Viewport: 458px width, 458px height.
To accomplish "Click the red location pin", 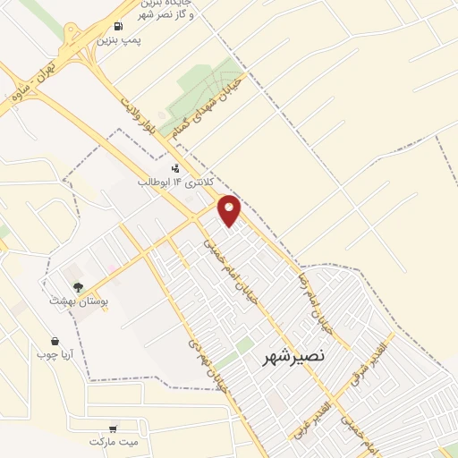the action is click(x=230, y=210).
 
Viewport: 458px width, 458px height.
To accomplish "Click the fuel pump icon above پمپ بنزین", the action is click(x=121, y=25).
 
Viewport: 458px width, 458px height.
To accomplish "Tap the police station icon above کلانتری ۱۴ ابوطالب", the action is click(x=175, y=167).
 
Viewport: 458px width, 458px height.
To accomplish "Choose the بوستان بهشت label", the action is click(x=79, y=302).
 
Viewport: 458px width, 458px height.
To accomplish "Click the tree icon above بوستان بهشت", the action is click(x=79, y=287).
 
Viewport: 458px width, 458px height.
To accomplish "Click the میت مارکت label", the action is click(x=115, y=442).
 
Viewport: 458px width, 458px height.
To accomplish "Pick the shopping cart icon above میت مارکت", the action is click(x=114, y=428).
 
